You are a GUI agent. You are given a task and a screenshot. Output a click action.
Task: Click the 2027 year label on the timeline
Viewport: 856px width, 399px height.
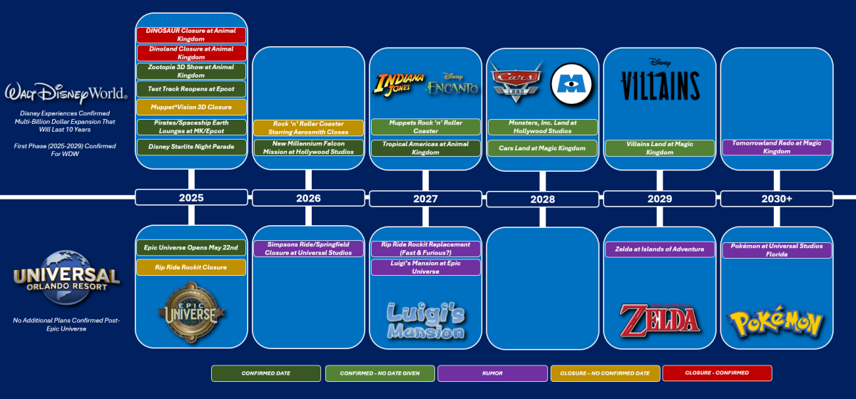click(x=426, y=198)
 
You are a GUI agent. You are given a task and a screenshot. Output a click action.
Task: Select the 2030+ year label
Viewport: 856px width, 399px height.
click(x=776, y=198)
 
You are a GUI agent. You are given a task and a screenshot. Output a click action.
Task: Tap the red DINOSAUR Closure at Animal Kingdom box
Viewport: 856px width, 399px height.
click(x=191, y=35)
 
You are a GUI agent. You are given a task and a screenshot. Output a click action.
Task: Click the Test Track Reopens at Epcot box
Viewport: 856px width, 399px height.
click(x=191, y=89)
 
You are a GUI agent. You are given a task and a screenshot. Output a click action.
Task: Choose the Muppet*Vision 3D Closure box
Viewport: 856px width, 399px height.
click(x=191, y=108)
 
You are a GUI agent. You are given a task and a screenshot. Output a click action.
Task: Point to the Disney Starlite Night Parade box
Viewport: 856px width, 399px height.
click(x=191, y=147)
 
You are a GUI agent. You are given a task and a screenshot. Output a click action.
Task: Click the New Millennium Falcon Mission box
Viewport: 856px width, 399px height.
click(x=308, y=147)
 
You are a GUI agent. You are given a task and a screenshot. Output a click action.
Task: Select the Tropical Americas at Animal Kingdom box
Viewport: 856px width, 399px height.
click(x=426, y=147)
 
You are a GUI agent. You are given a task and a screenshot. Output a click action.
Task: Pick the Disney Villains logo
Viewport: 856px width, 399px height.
click(x=660, y=81)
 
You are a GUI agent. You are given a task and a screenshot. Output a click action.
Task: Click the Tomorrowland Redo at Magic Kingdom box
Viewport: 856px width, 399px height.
click(x=776, y=147)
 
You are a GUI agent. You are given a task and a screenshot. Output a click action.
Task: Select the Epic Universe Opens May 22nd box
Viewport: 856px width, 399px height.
click(x=191, y=248)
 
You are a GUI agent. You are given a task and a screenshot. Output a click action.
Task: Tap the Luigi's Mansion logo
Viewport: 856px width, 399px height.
click(x=426, y=320)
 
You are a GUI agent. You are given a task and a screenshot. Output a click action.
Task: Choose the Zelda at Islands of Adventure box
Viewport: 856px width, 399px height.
click(x=660, y=249)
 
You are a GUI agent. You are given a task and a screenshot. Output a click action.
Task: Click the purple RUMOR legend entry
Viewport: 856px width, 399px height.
click(x=492, y=373)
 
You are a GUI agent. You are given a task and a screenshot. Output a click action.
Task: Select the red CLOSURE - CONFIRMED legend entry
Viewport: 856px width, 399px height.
click(x=717, y=373)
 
